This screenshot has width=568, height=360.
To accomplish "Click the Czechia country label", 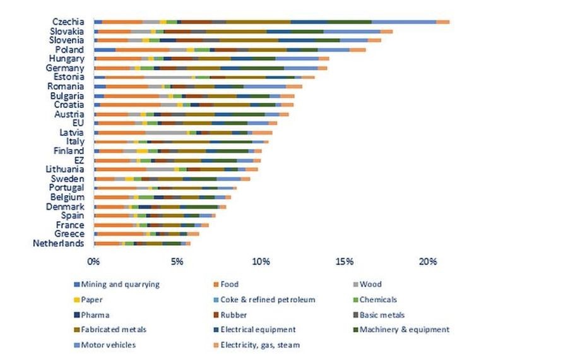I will [68, 21].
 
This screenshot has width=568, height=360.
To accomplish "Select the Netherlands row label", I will [58, 243].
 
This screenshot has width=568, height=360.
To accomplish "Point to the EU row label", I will [78, 123].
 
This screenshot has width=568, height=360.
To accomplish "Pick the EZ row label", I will [78, 160].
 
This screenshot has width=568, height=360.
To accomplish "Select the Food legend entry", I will [230, 285].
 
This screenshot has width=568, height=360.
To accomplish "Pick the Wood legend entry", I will [371, 285].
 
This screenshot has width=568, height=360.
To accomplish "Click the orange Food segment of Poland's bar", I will [143, 49].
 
